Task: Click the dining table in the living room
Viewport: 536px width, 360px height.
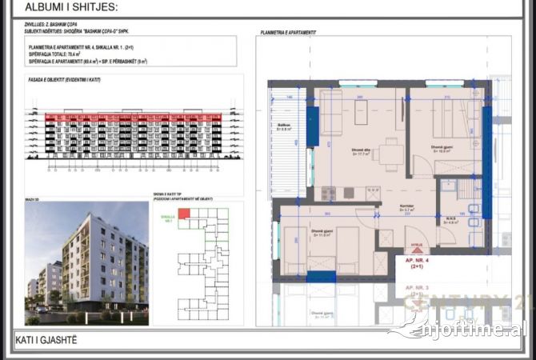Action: [x=390, y=149]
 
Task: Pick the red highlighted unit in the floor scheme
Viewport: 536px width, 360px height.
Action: [x=184, y=213]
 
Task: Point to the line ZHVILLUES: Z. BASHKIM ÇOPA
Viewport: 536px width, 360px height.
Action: [x=50, y=25]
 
